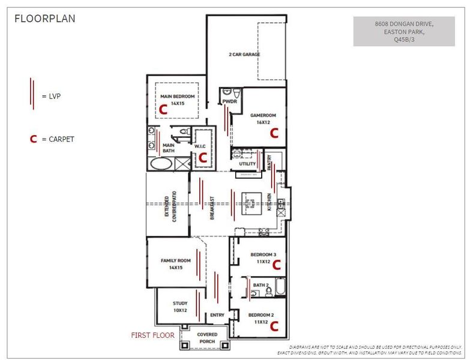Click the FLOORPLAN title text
[x=45, y=19]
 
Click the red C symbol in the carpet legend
[x=34, y=139]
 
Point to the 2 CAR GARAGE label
[x=244, y=55]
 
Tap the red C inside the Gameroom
[x=274, y=133]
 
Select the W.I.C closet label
[x=200, y=146]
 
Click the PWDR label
[x=230, y=102]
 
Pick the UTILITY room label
[x=247, y=163]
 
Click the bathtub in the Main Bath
[x=160, y=164]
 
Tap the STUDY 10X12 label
[x=180, y=307]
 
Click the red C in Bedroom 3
[x=276, y=264]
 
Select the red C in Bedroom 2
[x=274, y=326]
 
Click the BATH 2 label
[x=261, y=285]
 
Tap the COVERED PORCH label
[x=207, y=338]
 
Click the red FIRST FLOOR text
[x=152, y=335]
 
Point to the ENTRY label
[x=217, y=315]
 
